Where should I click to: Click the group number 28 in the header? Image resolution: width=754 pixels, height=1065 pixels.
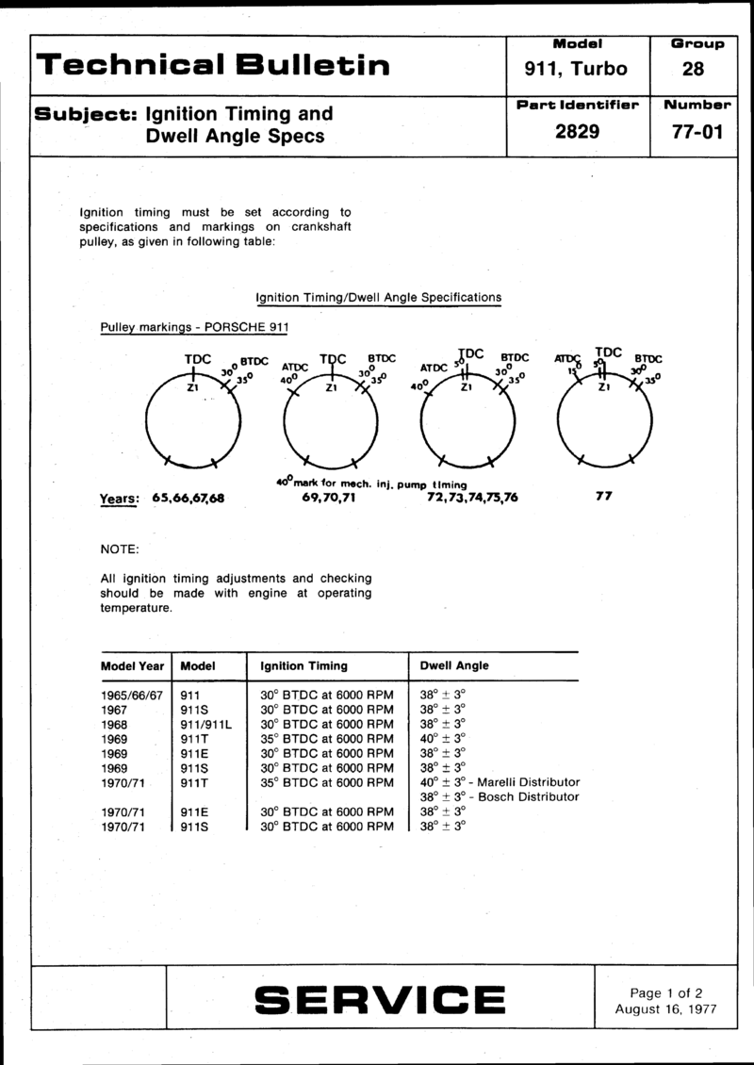click(697, 68)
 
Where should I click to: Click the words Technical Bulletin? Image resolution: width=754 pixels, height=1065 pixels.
click(212, 64)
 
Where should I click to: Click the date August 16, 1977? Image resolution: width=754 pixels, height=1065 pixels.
click(666, 1008)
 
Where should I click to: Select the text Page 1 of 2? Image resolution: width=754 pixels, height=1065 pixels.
click(666, 991)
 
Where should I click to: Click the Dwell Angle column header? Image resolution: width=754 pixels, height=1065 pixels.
click(454, 665)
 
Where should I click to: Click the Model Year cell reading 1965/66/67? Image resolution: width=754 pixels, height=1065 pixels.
click(133, 695)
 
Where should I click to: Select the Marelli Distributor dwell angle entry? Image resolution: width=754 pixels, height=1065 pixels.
click(500, 782)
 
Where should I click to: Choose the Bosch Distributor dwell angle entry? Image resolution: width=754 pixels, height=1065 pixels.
click(499, 796)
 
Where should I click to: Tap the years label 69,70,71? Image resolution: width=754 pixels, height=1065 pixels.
click(322, 496)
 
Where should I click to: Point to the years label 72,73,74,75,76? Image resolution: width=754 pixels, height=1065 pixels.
click(465, 496)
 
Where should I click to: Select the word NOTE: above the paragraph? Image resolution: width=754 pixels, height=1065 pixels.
click(120, 549)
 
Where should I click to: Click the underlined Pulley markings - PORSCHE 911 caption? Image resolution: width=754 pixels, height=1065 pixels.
click(193, 327)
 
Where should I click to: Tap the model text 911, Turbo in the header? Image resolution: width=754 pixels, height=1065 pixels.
click(576, 68)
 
